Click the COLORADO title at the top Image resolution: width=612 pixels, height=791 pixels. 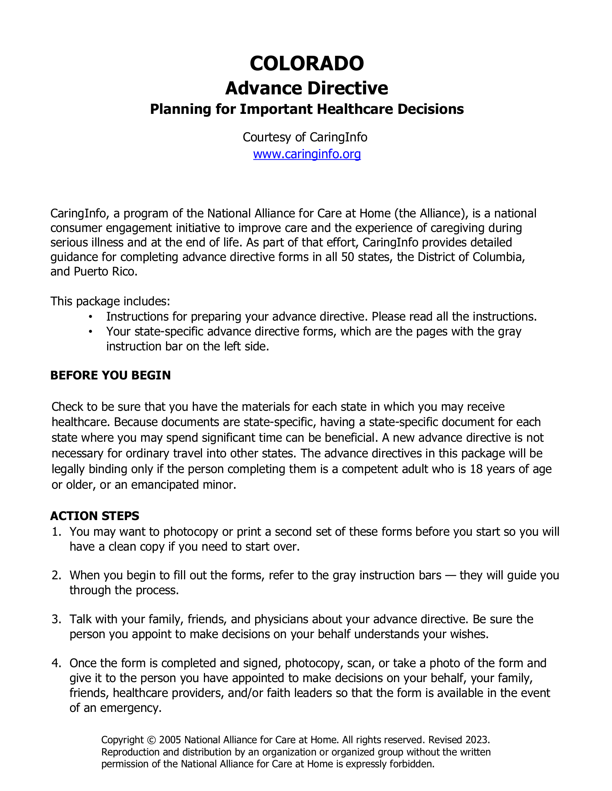coord(306,63)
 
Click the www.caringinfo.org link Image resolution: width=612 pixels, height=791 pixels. coord(307,154)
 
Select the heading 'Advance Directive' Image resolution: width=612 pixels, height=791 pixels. coord(306,88)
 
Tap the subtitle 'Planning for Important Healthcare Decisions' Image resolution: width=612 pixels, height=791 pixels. coord(306,109)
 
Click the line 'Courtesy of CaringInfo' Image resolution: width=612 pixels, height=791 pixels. coord(305,137)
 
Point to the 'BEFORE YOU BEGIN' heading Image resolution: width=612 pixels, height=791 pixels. coord(111,375)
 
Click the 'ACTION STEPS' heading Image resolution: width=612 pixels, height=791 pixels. coord(94,516)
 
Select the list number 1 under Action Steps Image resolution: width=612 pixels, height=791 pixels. coord(56,532)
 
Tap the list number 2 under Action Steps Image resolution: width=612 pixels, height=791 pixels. coord(56,575)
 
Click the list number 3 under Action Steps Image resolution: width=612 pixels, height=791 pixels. coord(56,619)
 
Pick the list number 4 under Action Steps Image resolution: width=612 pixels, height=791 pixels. coord(56,663)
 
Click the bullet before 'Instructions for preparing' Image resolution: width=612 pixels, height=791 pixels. coord(90,317)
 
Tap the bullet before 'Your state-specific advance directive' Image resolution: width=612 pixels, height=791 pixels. coord(90,332)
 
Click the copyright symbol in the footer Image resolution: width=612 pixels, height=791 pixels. coord(151,740)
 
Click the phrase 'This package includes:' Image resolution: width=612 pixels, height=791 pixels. coord(110,301)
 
